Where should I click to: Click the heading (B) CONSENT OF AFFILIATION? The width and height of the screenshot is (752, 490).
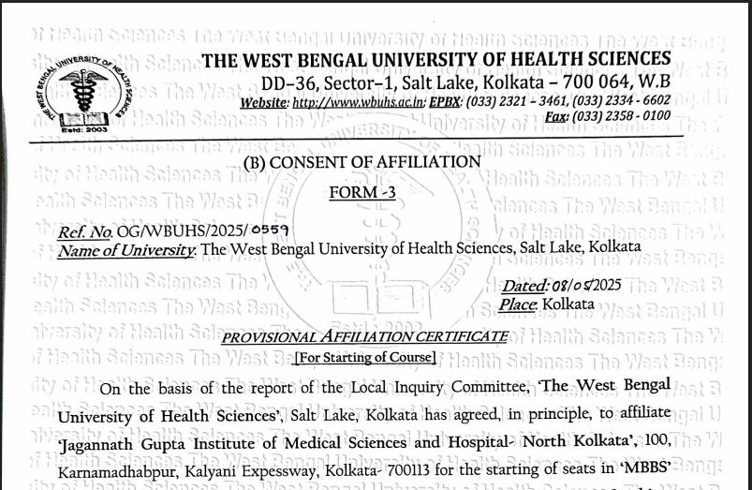[361, 162]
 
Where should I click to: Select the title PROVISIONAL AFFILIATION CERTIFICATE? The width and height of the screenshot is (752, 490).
[364, 336]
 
